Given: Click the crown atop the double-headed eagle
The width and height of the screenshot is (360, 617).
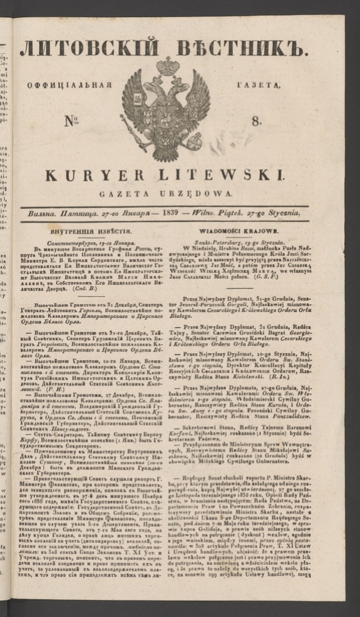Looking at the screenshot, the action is (x=168, y=66).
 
